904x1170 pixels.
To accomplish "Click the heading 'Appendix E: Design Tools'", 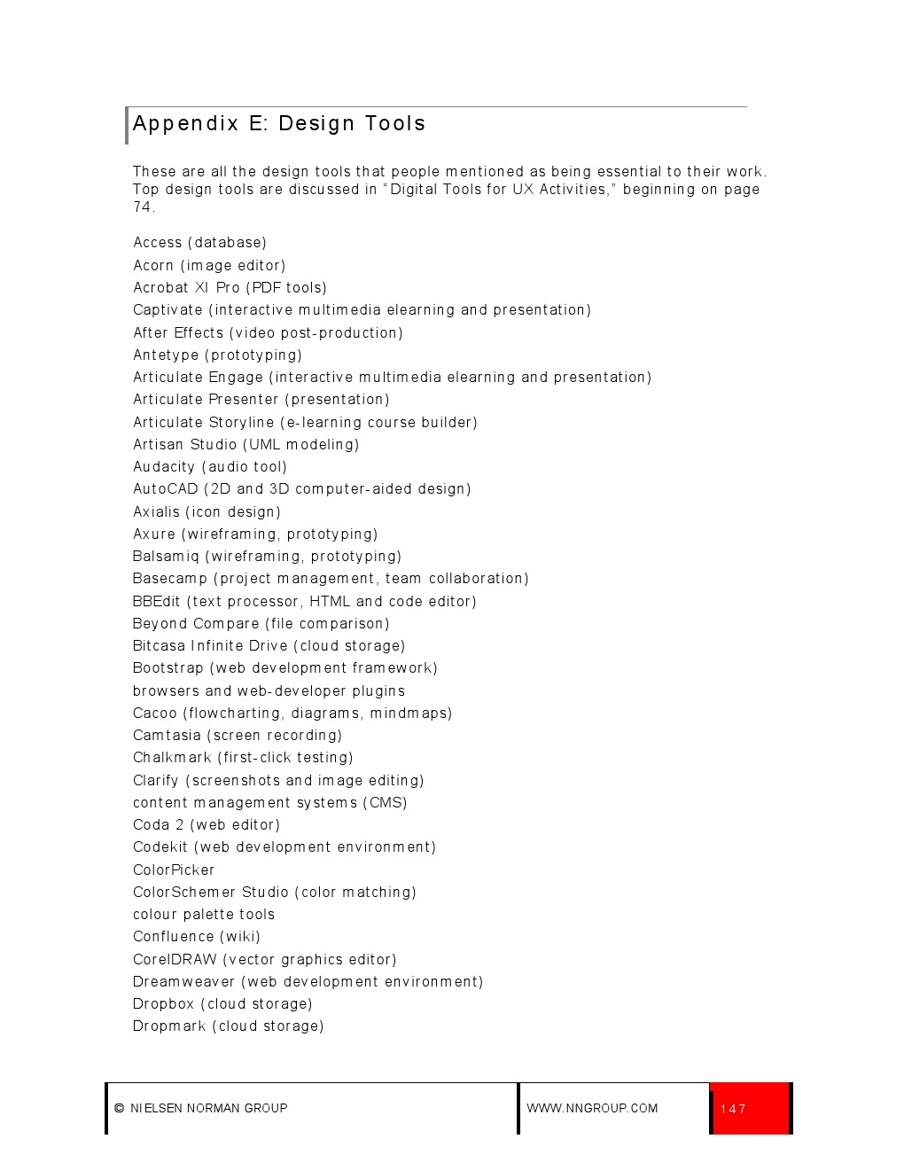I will pyautogui.click(x=278, y=124).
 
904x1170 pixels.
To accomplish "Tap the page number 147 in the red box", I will pyautogui.click(x=733, y=1109).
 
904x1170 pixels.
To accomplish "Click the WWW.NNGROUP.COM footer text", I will pyautogui.click(x=592, y=1108).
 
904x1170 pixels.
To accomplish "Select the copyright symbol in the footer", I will pyautogui.click(x=120, y=1108).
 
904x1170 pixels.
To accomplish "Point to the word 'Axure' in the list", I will pyautogui.click(x=154, y=534).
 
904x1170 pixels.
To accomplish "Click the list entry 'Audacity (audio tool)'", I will pyautogui.click(x=210, y=467).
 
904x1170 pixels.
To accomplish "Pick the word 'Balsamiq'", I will pyautogui.click(x=166, y=557).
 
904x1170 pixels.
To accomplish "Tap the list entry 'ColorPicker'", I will pyautogui.click(x=174, y=870).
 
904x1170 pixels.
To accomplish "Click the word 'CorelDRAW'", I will pyautogui.click(x=175, y=960).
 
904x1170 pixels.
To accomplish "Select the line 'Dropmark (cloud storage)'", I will pyautogui.click(x=228, y=1026).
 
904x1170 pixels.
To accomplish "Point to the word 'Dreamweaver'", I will pyautogui.click(x=183, y=982).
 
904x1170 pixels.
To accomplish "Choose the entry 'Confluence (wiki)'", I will pyautogui.click(x=197, y=937).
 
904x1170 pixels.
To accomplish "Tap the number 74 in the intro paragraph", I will pyautogui.click(x=142, y=207).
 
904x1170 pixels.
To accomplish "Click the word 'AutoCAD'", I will pyautogui.click(x=165, y=489).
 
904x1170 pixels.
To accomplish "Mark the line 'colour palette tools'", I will pyautogui.click(x=204, y=915).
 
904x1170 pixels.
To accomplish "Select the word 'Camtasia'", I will pyautogui.click(x=167, y=736).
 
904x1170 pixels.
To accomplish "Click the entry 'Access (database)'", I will pyautogui.click(x=199, y=243).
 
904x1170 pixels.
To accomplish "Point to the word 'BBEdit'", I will pyautogui.click(x=156, y=602).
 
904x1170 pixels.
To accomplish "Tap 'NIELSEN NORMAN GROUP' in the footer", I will pyautogui.click(x=208, y=1108).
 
